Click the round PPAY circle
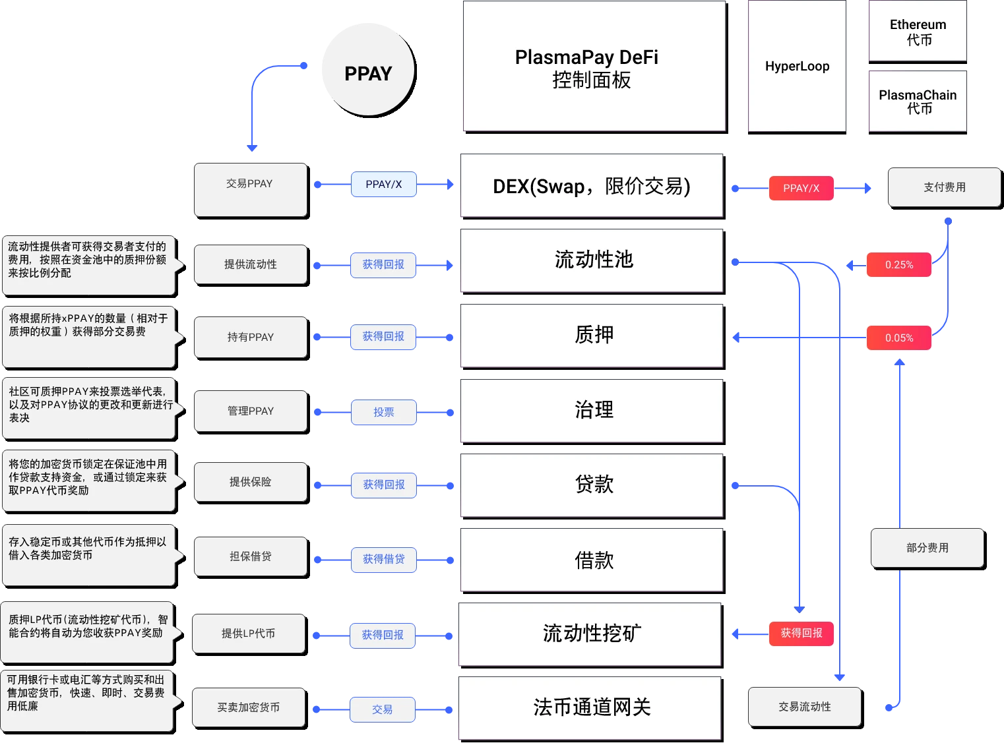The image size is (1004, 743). click(368, 71)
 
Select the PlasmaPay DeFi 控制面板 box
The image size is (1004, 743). click(594, 66)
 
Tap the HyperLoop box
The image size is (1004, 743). click(797, 66)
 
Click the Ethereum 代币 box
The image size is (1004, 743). click(918, 31)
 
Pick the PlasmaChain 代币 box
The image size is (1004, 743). click(918, 101)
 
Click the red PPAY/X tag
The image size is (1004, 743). click(801, 189)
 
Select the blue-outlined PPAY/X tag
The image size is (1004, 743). click(383, 185)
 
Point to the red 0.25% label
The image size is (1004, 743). click(899, 265)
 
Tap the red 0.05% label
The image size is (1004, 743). click(899, 338)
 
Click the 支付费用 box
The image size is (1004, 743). click(944, 187)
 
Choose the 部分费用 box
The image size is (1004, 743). click(927, 548)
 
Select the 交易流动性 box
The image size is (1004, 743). click(804, 707)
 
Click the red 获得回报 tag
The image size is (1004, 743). click(801, 634)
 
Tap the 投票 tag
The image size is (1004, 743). click(383, 412)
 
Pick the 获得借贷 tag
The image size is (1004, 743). click(383, 559)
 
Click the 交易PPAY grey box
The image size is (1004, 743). click(250, 189)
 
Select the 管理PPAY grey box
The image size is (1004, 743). click(250, 411)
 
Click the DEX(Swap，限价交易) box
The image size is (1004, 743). click(591, 187)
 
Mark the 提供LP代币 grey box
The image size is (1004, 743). click(248, 634)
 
